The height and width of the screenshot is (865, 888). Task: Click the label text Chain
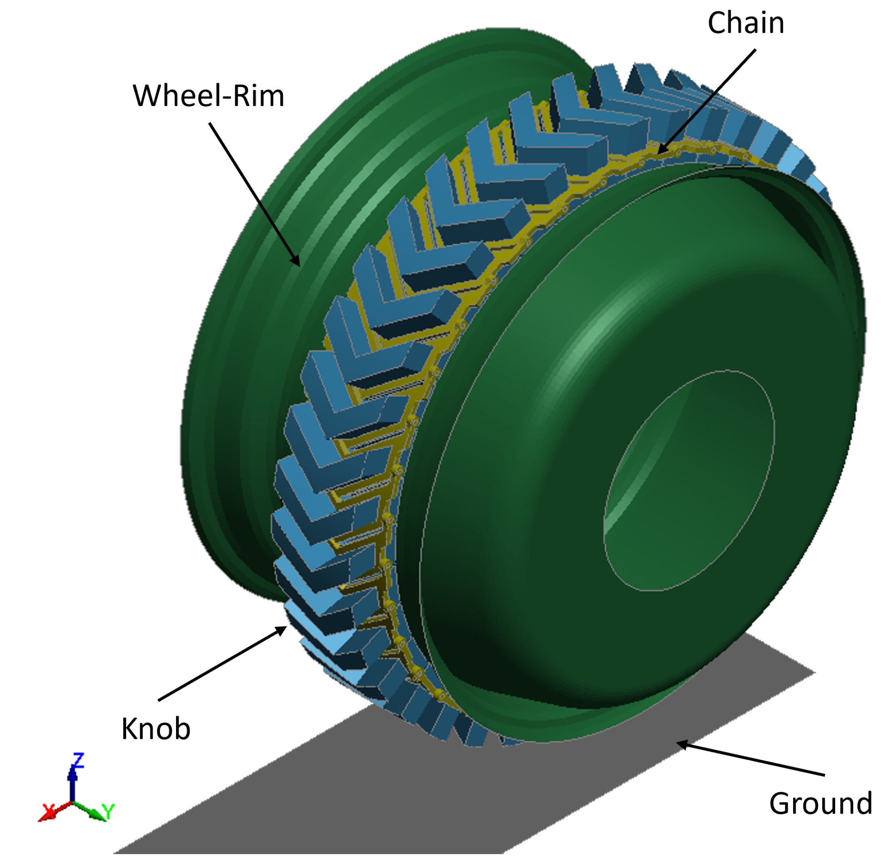click(745, 24)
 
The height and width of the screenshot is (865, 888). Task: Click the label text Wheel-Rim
click(208, 96)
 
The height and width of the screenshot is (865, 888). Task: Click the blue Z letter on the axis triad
click(78, 760)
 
